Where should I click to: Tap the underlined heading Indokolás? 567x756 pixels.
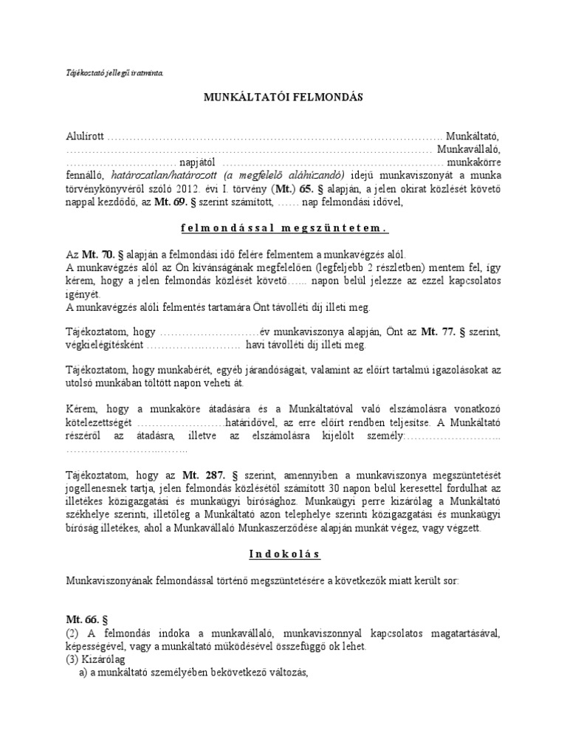283,554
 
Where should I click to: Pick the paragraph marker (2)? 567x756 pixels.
74,633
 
